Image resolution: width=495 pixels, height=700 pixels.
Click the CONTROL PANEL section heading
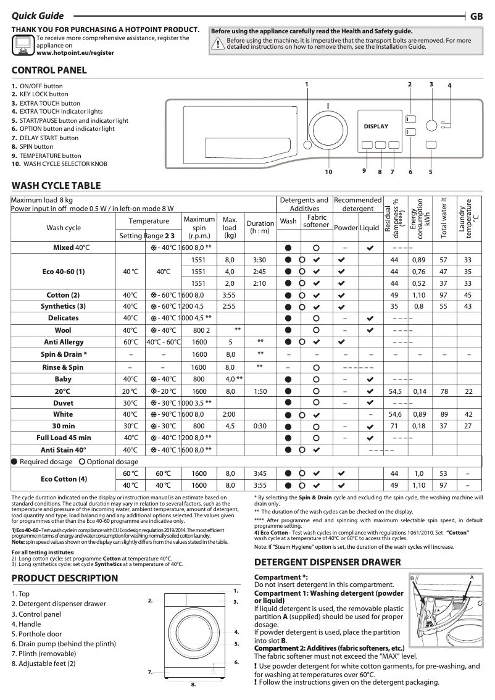click(x=49, y=70)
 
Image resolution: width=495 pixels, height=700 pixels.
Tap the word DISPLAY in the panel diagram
click(x=376, y=127)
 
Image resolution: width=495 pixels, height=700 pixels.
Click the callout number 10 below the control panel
click(x=328, y=172)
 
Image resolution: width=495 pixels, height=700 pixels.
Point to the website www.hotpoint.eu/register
click(x=75, y=53)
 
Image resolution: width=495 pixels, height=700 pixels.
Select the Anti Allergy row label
click(x=64, y=342)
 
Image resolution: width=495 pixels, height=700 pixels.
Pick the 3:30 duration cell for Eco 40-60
click(x=260, y=260)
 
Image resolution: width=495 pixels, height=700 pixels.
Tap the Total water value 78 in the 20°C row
click(x=443, y=391)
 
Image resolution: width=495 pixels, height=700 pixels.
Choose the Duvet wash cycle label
click(x=64, y=402)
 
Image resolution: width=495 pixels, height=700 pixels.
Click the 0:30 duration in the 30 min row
click(x=260, y=426)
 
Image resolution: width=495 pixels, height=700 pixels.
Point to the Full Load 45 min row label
click(x=64, y=438)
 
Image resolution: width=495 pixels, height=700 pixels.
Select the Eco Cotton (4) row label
click(x=64, y=479)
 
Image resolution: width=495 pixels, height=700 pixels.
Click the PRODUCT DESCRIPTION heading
click(x=65, y=578)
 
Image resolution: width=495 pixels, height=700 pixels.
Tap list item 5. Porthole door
click(x=40, y=634)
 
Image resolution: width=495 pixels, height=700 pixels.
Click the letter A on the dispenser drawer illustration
click(x=472, y=577)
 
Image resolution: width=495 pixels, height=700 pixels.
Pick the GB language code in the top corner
click(x=476, y=17)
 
